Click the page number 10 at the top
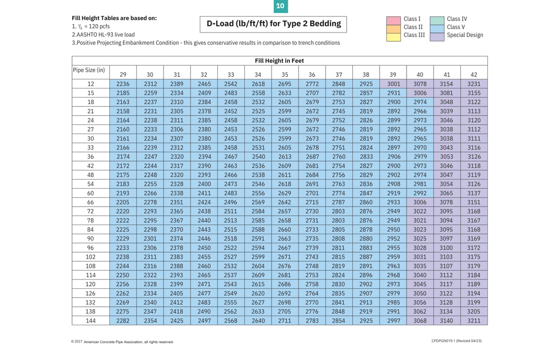pos(280,6)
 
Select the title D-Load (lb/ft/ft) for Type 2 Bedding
pos(273,24)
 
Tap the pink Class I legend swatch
pos(394,20)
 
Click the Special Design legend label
pos(465,35)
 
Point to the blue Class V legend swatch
pos(437,27)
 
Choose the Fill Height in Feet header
pos(279,60)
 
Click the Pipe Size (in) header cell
pos(90,71)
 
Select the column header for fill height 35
pos(285,74)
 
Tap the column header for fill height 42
pos(474,74)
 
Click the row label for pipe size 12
pos(91,84)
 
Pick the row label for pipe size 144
pos(91,321)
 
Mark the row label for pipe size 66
pos(91,202)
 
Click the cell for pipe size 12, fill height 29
pos(123,84)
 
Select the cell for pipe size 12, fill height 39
pos(394,84)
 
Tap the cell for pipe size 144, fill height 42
pos(474,321)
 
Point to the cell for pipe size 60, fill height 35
pos(285,193)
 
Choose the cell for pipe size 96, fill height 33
pos(231,248)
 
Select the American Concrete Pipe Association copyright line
pos(122,342)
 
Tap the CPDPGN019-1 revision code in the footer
pos(456,341)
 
